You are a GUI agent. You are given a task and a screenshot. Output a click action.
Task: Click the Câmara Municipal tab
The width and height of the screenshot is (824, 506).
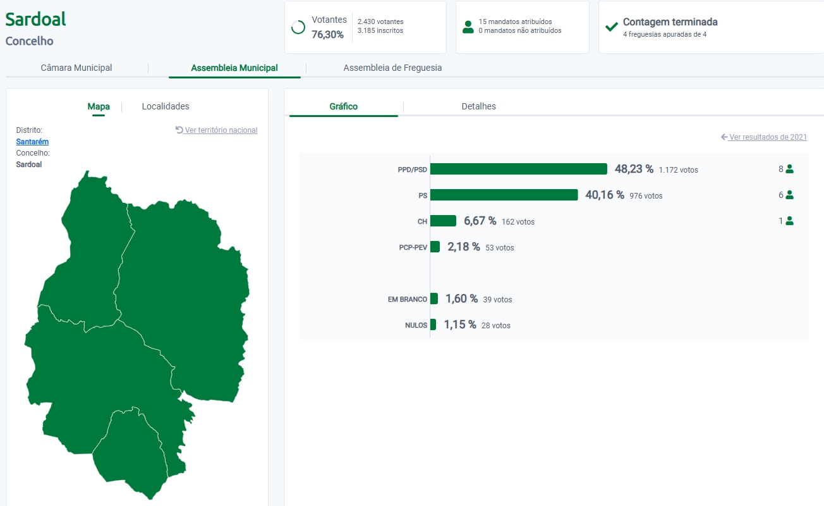click(x=76, y=68)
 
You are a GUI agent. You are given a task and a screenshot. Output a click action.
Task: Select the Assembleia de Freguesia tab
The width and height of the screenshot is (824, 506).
click(x=392, y=68)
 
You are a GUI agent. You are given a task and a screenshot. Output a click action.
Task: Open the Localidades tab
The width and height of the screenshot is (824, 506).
click(x=166, y=106)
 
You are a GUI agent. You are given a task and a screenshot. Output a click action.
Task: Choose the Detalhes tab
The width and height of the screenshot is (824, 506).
click(x=478, y=106)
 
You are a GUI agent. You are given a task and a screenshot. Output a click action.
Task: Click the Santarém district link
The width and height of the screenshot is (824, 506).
click(x=32, y=142)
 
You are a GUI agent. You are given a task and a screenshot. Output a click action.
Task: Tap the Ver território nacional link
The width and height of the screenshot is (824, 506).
click(x=217, y=130)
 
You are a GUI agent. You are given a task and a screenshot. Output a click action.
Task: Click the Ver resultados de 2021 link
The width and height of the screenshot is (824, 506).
click(x=764, y=137)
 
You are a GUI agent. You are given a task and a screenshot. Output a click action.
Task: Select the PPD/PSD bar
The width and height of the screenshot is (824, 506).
click(x=518, y=169)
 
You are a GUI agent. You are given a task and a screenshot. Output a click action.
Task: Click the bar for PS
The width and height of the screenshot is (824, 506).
click(x=504, y=195)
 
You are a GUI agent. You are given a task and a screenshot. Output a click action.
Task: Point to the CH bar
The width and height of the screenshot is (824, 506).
click(x=443, y=221)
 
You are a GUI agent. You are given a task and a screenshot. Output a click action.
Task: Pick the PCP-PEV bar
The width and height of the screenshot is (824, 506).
click(x=435, y=247)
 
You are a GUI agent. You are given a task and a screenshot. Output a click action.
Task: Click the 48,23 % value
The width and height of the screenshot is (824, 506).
click(x=634, y=169)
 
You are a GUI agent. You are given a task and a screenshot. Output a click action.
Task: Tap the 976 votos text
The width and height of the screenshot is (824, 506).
click(x=646, y=196)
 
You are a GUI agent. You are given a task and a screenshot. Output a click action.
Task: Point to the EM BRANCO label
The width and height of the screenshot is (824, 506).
click(x=408, y=299)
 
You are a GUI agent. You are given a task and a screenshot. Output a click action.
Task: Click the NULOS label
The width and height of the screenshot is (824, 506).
click(x=416, y=326)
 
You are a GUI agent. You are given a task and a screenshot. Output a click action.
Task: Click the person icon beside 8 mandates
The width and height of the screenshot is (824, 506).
click(x=789, y=169)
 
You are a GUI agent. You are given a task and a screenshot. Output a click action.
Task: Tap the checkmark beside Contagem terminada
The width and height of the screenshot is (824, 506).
click(x=611, y=27)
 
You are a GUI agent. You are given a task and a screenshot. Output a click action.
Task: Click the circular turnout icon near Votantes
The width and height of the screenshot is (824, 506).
click(x=298, y=27)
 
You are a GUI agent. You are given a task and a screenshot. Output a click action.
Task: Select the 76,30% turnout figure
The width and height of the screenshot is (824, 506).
click(x=327, y=34)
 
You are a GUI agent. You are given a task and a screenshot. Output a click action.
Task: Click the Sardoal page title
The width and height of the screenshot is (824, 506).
click(x=36, y=19)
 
